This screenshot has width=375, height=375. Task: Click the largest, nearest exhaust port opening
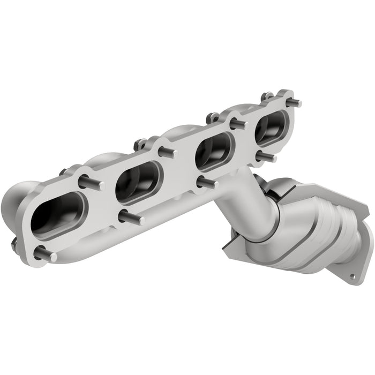coord(58,214)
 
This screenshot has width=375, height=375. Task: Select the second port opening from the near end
coord(139,182)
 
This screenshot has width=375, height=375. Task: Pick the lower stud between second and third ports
coord(206,183)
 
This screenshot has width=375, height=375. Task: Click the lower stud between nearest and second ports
coord(131,217)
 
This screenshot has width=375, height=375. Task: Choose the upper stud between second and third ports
coord(168,153)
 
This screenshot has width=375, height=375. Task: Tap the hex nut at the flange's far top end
coord(266,97)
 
